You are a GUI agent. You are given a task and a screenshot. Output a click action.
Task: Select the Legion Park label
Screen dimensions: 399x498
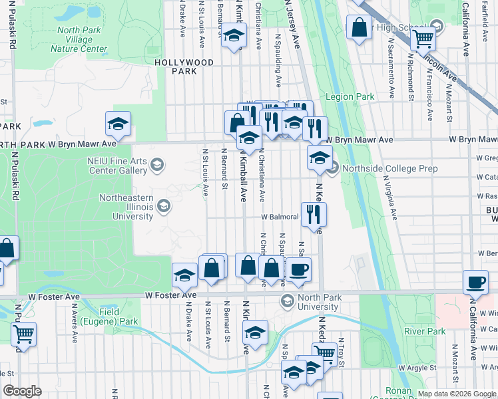[x=350, y=97]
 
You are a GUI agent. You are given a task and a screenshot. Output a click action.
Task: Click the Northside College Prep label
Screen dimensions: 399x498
[x=390, y=168]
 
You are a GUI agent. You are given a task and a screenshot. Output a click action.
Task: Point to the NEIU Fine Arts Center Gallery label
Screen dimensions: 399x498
[x=116, y=165]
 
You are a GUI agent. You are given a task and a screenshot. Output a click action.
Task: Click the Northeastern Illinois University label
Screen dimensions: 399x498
[x=126, y=207]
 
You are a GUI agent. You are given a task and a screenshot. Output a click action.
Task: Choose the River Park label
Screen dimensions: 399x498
[x=424, y=331]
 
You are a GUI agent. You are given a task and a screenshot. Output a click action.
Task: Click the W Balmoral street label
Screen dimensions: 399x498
[x=280, y=217]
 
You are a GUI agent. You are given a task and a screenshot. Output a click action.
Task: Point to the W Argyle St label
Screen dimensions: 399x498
[x=417, y=367]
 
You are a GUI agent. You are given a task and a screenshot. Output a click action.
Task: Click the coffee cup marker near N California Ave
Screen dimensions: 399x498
[x=475, y=281]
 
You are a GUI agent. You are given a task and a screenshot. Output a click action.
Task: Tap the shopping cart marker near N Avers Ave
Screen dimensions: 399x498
[x=24, y=332]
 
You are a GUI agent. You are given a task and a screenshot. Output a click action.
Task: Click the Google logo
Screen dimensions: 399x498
[x=22, y=391]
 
